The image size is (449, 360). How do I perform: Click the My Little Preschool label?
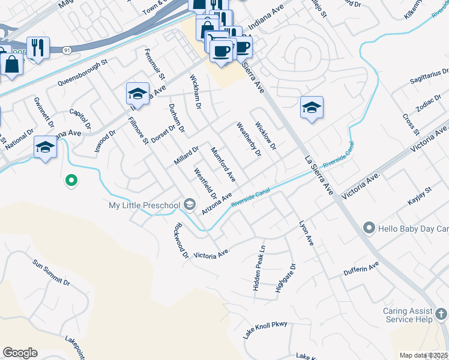(x=144, y=206)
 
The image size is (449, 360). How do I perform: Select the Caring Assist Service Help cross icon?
(x=441, y=314)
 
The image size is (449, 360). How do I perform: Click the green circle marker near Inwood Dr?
(x=71, y=179)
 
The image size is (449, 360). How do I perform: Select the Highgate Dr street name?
(x=285, y=278)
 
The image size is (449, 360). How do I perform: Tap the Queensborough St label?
(x=82, y=72)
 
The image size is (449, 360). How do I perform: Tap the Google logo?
(x=20, y=353)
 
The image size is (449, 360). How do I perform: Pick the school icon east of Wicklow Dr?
(x=312, y=108)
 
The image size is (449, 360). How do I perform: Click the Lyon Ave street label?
(x=307, y=232)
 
